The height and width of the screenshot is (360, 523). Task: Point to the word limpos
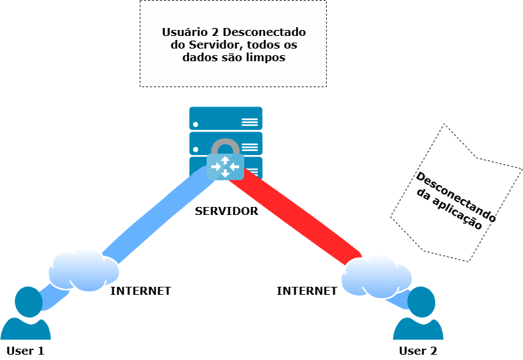pos(266,57)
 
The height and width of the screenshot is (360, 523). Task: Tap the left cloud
pos(83,270)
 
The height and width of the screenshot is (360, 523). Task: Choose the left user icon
pos(27,316)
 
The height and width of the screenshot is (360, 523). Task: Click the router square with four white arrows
pos(225,166)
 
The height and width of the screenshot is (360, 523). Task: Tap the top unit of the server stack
pos(226,118)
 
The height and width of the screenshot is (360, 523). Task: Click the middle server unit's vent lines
pos(250,146)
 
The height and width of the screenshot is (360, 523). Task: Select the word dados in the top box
pos(198,57)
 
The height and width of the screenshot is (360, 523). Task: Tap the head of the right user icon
pos(421,300)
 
